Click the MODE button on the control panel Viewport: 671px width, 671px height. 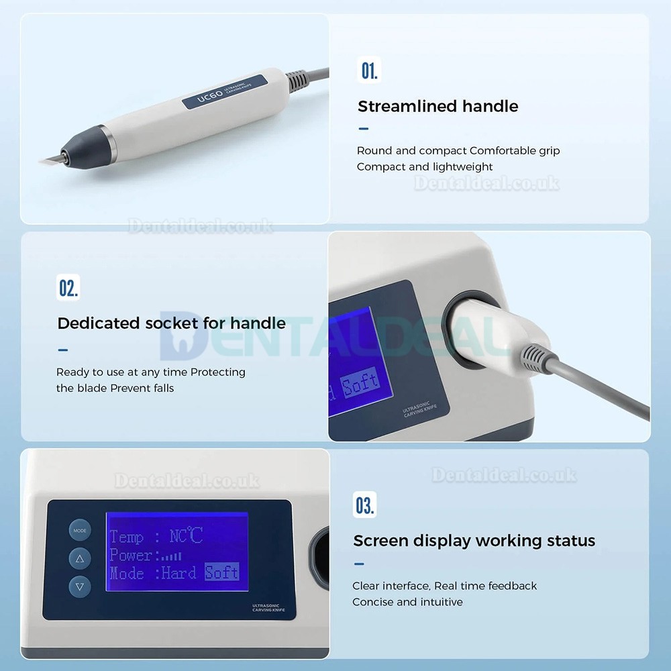[x=80, y=530]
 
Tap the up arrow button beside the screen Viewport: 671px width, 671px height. [x=80, y=558]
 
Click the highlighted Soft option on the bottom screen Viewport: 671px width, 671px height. [x=221, y=572]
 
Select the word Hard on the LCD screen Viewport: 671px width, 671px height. [x=179, y=572]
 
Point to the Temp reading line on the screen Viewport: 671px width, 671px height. [x=156, y=536]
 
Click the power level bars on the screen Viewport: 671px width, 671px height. [x=171, y=556]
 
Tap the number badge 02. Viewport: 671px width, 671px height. [x=68, y=288]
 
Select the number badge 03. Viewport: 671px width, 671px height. [x=365, y=505]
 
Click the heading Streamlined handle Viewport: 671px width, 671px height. [x=437, y=106]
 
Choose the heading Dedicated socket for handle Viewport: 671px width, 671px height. [x=171, y=323]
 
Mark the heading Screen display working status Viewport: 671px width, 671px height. [x=474, y=540]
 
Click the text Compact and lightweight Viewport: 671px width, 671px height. [x=425, y=166]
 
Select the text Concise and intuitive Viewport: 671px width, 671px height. [x=407, y=602]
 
